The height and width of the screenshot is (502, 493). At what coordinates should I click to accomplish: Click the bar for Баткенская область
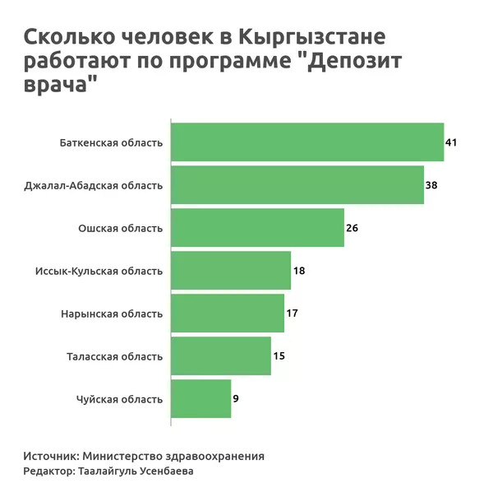(x=306, y=142)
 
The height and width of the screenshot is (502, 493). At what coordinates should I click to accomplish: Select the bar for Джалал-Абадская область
(x=297, y=185)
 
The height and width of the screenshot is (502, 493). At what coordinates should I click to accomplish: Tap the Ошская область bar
(x=256, y=228)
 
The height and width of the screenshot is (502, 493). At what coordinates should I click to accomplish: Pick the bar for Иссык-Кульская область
(x=230, y=271)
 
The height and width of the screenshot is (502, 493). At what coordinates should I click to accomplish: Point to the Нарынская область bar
(x=227, y=314)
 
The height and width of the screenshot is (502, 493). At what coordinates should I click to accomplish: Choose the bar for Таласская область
(x=220, y=356)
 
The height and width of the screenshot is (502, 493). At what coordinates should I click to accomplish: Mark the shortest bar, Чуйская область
(x=200, y=399)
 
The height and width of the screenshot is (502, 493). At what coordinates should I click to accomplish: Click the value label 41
(x=450, y=142)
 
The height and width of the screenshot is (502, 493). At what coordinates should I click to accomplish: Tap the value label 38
(x=431, y=185)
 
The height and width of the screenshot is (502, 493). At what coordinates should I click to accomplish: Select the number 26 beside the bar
(x=352, y=228)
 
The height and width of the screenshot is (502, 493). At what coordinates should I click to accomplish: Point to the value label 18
(x=299, y=271)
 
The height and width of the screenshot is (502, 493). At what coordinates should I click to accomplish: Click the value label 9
(x=237, y=399)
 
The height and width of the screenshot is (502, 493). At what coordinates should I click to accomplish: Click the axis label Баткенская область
(x=111, y=143)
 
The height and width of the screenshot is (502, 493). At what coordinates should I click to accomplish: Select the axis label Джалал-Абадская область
(x=94, y=186)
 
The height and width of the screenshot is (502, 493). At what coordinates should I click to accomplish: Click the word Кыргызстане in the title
(x=312, y=38)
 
